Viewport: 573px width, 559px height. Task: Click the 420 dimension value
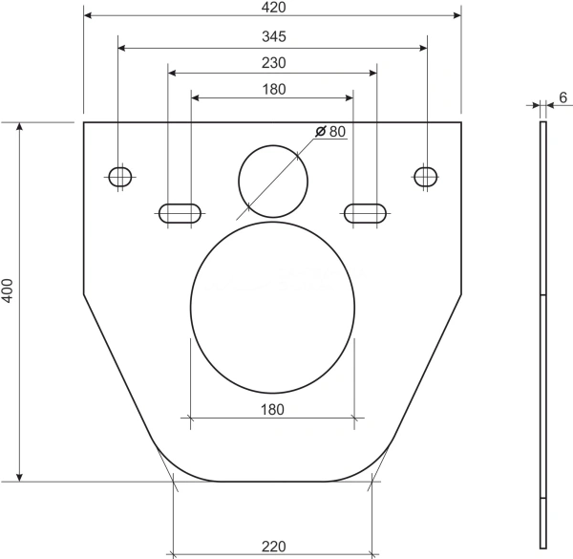pyautogui.click(x=274, y=8)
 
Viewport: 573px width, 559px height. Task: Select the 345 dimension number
pyautogui.click(x=274, y=36)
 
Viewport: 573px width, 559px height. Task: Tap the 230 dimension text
pyautogui.click(x=274, y=63)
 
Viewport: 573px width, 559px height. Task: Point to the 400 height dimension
pyautogui.click(x=8, y=291)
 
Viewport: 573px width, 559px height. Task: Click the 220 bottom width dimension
pyautogui.click(x=274, y=547)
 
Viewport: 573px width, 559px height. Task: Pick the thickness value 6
pyautogui.click(x=562, y=97)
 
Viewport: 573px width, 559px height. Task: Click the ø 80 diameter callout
pyautogui.click(x=330, y=131)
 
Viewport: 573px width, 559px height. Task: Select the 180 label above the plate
pyautogui.click(x=274, y=90)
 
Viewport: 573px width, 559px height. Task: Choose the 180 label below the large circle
pyautogui.click(x=272, y=410)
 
